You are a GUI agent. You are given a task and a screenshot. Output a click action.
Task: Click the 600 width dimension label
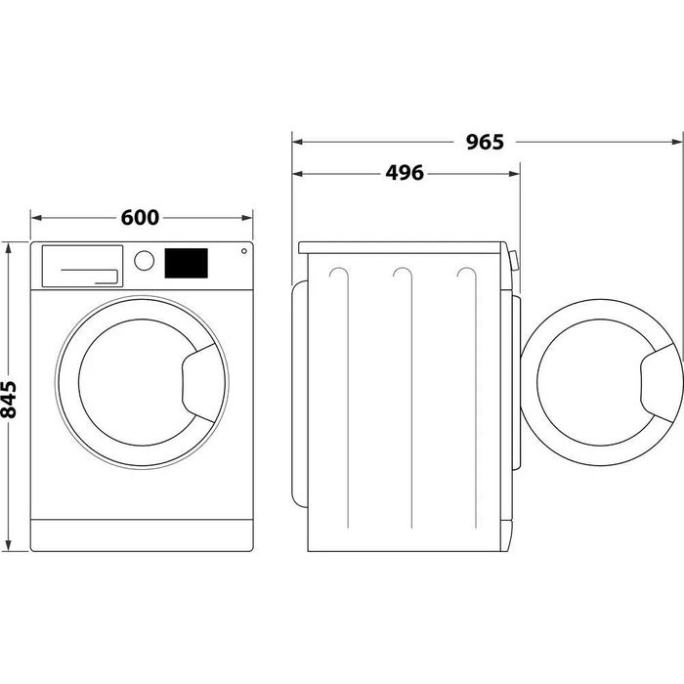click(141, 217)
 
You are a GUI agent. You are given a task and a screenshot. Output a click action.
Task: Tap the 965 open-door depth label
click(484, 143)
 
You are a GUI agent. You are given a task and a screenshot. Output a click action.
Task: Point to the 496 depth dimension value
click(404, 173)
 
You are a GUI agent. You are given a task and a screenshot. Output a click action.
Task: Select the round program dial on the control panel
click(144, 261)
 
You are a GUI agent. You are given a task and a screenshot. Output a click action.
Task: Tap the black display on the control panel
click(186, 262)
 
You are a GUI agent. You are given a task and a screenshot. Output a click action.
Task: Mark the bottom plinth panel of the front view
click(141, 534)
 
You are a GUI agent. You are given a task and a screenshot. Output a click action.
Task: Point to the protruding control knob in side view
click(514, 262)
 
